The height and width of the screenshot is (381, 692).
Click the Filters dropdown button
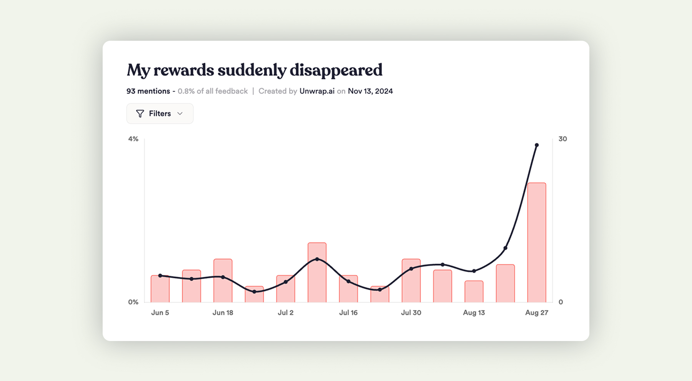coord(160,113)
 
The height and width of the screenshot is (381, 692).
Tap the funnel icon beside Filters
coord(140,113)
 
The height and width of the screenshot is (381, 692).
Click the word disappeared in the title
coord(336,70)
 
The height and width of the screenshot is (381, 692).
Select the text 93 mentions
coord(148,91)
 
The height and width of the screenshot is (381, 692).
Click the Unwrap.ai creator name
coord(317,91)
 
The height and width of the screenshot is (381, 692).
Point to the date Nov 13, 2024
coord(370,91)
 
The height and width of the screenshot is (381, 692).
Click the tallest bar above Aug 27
coord(537,242)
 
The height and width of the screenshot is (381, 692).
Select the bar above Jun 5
coord(160,289)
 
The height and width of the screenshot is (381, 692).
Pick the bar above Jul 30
coord(411,281)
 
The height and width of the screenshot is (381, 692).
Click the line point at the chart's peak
coord(537,145)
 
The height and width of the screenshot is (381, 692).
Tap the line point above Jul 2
coord(286,282)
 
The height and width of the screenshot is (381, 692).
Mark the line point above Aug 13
coord(474,271)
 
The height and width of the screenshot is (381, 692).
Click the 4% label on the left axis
coord(133,139)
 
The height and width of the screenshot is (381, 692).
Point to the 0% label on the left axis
coord(133,302)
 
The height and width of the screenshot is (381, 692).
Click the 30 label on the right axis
coord(562,139)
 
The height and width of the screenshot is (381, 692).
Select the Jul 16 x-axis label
coord(348,313)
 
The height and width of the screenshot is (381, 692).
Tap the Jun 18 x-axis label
coord(223,313)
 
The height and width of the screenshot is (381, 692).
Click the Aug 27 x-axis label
coord(537,313)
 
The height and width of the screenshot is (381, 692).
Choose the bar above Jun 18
coord(223,281)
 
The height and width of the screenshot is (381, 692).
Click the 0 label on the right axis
coord(561,302)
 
